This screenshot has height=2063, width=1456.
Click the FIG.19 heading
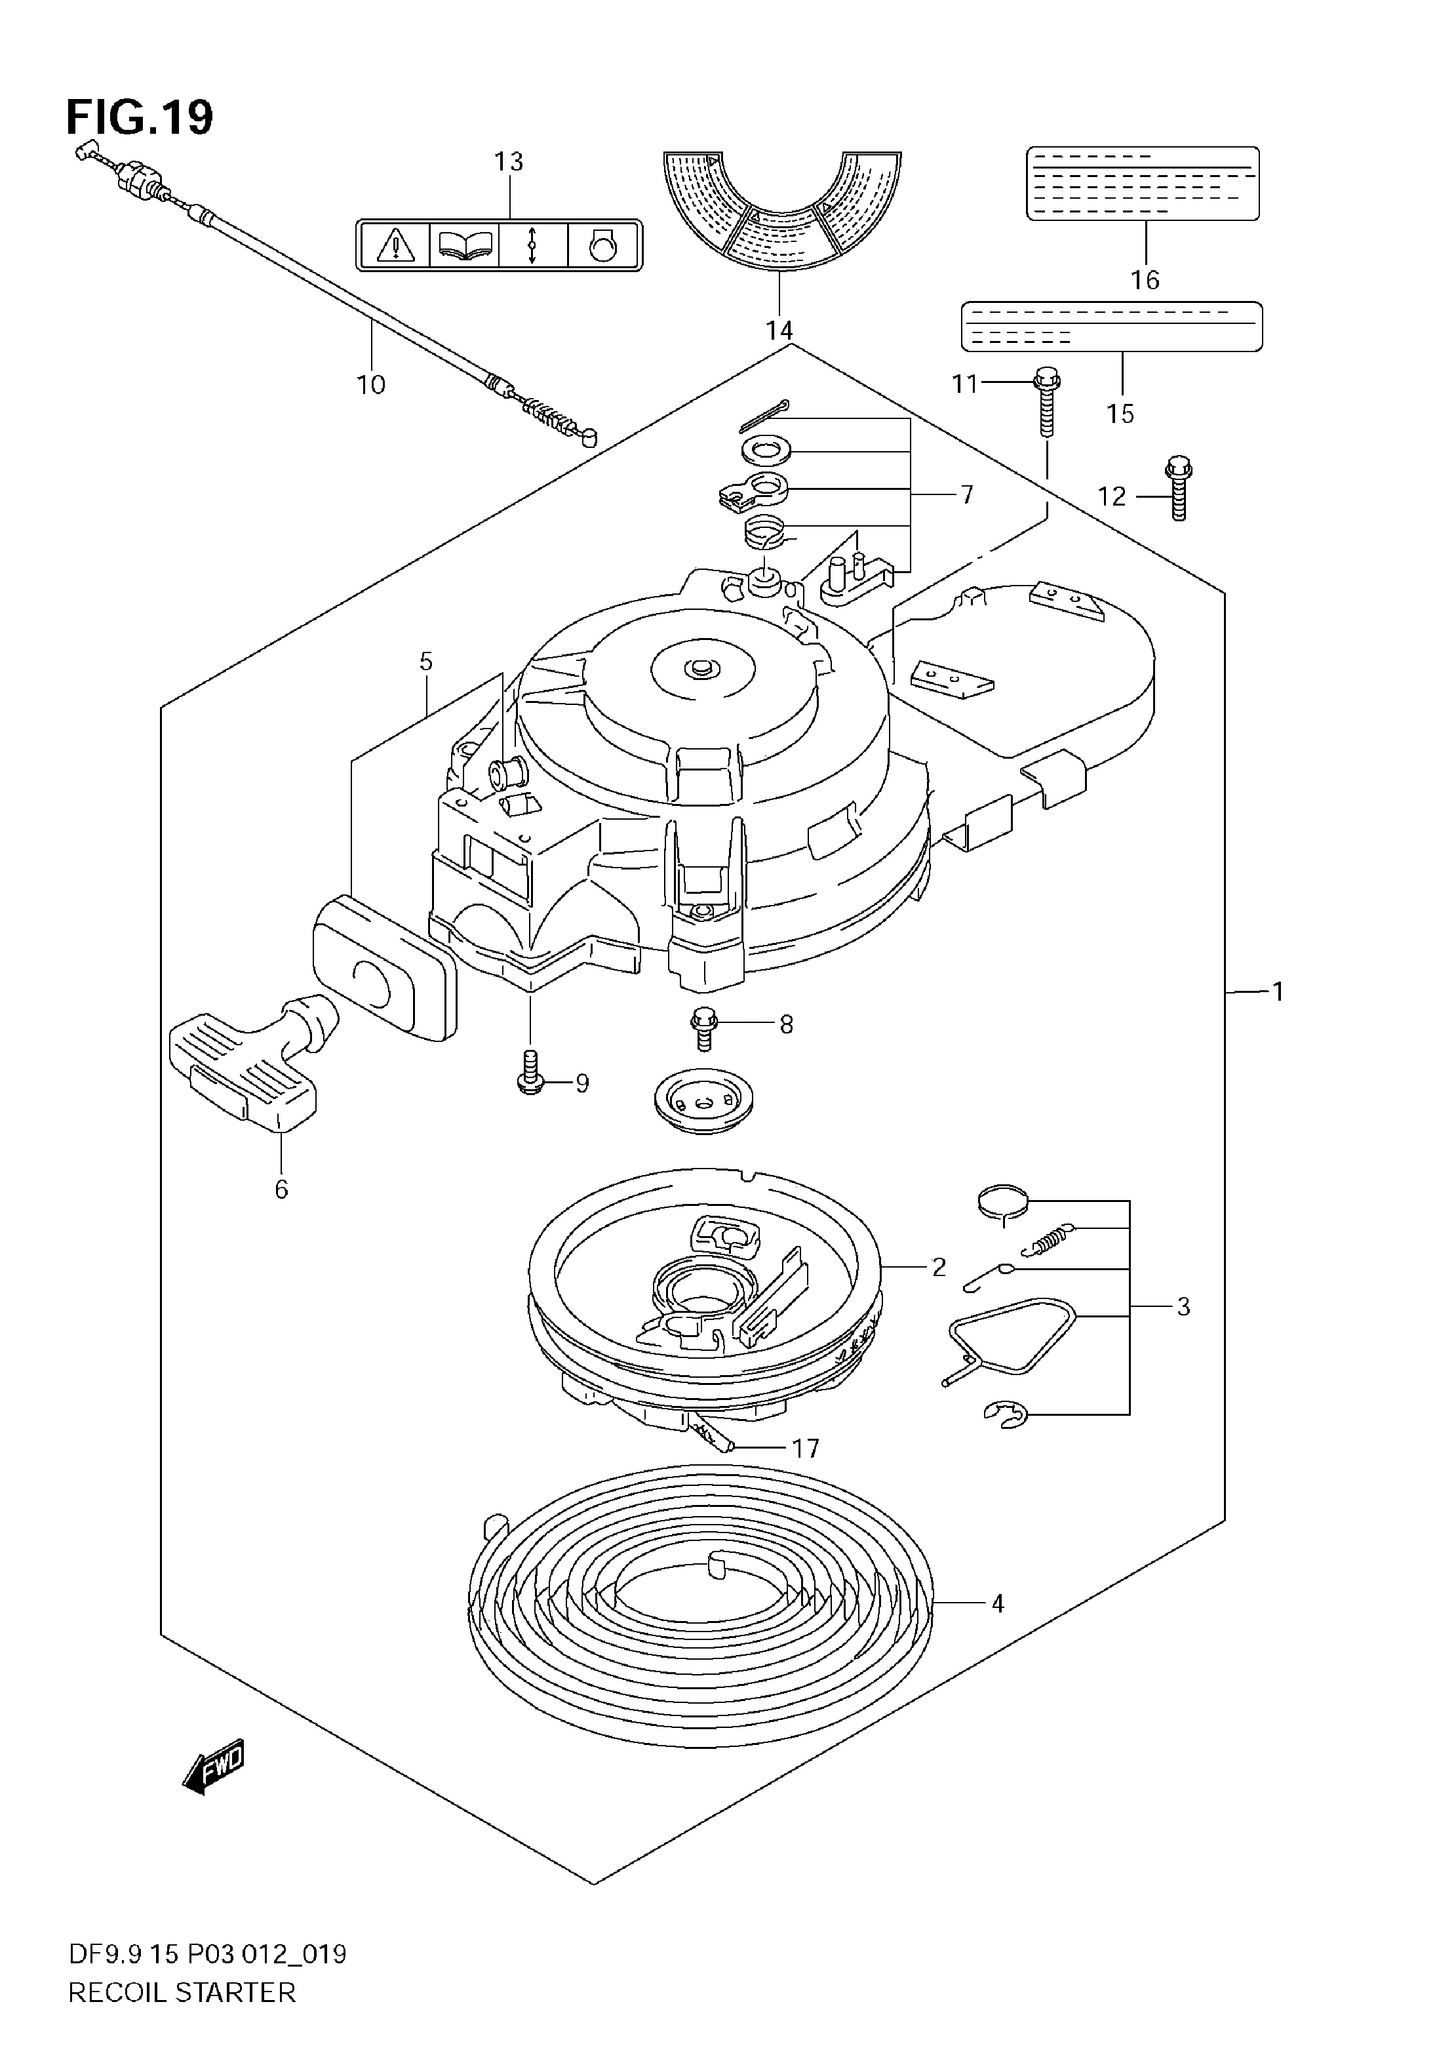140,117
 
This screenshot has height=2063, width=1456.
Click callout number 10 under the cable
371,384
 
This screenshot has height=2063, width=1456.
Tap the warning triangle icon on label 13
393,245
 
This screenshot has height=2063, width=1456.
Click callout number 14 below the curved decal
779,330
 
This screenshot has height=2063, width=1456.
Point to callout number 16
1145,279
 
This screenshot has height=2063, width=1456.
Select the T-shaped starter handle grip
245,1061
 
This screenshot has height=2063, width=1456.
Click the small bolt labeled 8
703,1028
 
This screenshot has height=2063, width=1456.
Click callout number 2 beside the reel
939,1267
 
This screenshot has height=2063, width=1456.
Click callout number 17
806,1449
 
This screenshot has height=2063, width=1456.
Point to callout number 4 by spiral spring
998,1603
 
